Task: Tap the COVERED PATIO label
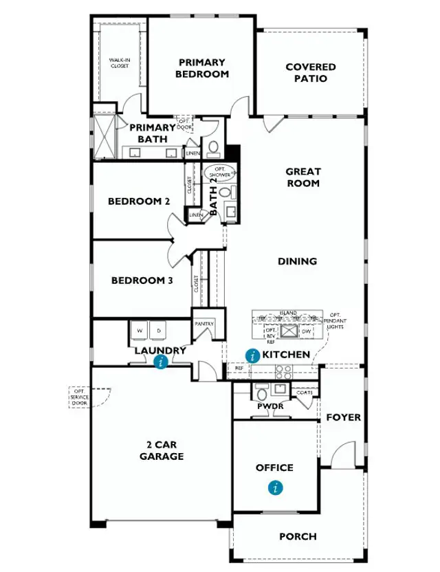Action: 311,72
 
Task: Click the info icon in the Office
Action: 276,488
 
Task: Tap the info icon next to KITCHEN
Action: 252,355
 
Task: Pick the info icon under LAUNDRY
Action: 161,362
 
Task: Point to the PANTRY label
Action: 204,324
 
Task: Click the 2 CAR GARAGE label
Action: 162,450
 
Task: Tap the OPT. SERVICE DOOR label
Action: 79,397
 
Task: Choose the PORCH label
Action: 298,536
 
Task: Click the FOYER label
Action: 343,417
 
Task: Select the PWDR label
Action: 266,406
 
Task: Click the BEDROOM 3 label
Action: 142,280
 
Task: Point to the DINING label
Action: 297,261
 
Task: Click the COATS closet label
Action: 305,393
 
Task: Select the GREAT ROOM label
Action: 303,177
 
